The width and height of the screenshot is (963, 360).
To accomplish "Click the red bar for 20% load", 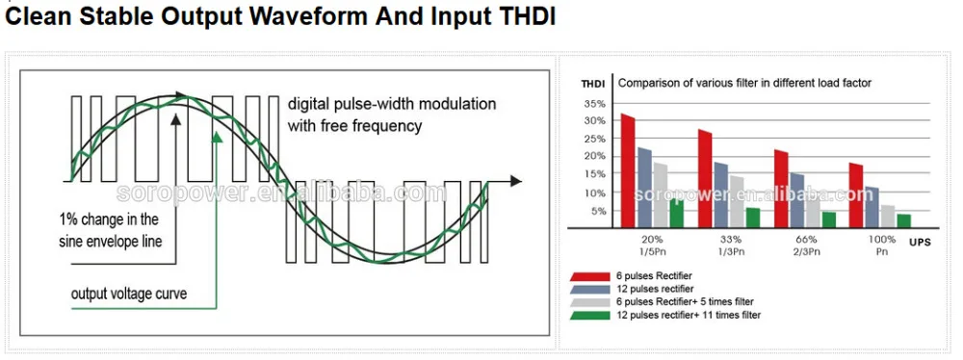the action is [x=628, y=170].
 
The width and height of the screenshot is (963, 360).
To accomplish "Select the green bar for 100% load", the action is [x=903, y=220].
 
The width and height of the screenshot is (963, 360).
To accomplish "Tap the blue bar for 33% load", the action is [x=721, y=194].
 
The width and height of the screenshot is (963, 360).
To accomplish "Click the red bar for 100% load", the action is [x=856, y=195].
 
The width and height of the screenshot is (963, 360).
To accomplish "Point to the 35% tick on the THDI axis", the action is [x=595, y=103].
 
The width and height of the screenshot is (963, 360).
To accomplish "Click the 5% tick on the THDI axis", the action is [x=598, y=211].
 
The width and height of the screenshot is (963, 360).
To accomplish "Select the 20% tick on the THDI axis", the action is [x=595, y=156].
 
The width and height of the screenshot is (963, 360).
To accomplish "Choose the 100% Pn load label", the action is [x=881, y=245].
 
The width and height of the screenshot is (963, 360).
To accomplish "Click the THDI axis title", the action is [x=592, y=84].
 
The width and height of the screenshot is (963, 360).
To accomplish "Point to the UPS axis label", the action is [x=920, y=243].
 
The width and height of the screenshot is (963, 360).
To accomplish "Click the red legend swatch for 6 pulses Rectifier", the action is [x=591, y=276].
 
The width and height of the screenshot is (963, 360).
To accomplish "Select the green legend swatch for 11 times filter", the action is [x=591, y=315].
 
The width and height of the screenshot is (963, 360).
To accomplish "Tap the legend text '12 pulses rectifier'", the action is [x=655, y=289].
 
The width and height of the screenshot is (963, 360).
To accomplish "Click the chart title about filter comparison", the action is [x=744, y=83].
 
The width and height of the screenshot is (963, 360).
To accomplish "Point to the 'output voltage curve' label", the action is [x=129, y=294].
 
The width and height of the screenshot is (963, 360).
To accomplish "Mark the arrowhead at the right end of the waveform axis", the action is [x=516, y=181].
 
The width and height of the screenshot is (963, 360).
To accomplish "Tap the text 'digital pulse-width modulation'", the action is [x=392, y=103].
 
